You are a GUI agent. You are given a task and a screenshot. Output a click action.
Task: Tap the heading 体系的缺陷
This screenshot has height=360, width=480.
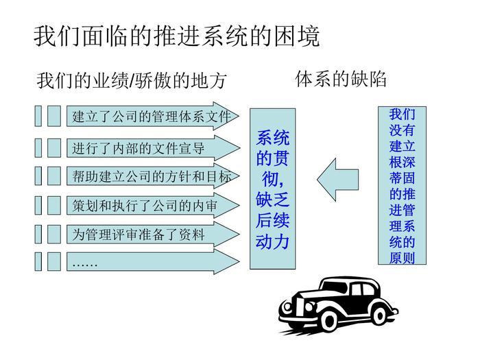point(340,79)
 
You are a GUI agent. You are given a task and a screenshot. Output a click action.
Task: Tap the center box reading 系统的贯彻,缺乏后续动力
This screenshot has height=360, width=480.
point(272,188)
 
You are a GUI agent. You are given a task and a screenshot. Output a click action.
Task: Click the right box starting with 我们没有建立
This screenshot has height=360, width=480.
point(402,185)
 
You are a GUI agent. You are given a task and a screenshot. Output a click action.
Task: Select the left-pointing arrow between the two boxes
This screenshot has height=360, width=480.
point(337,180)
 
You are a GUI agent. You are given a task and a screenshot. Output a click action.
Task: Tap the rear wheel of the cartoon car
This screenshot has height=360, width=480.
point(379,316)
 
